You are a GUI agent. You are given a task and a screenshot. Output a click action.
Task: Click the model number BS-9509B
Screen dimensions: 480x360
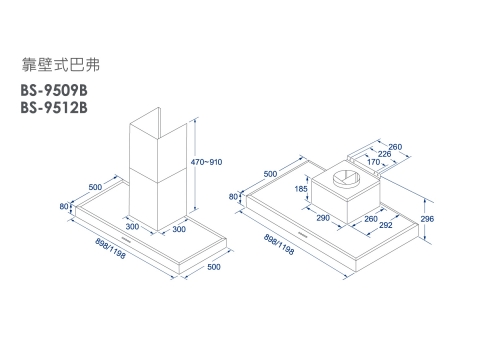(54, 90)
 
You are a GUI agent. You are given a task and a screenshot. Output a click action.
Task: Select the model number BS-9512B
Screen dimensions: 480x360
(54, 107)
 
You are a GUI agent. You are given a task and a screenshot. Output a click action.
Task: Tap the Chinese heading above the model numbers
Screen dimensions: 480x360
(61, 65)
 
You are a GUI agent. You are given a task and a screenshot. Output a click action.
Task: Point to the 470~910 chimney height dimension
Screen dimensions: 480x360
(206, 162)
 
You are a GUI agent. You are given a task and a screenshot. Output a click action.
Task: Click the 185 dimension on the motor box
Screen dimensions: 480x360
(301, 189)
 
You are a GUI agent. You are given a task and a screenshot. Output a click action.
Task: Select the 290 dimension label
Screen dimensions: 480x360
(323, 218)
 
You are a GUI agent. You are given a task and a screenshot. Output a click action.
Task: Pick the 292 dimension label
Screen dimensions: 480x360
(386, 225)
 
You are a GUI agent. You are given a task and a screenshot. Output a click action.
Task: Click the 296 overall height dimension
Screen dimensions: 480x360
(427, 219)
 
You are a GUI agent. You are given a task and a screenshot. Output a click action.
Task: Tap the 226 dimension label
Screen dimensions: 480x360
(384, 154)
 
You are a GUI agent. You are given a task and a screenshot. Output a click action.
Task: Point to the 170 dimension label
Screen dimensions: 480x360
(373, 162)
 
